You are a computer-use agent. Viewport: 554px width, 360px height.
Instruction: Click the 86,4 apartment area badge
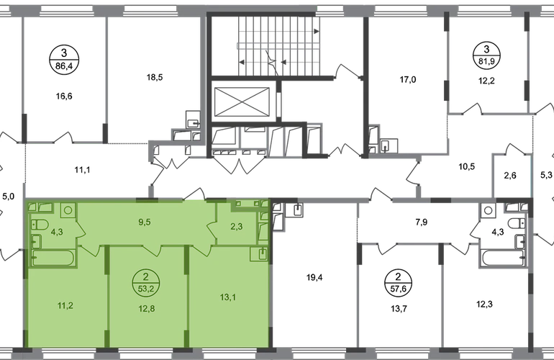[x=64, y=60]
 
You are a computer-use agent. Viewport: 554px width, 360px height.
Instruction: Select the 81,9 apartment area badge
[x=486, y=55]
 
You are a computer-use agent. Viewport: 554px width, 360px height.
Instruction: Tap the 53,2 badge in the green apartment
[x=147, y=282]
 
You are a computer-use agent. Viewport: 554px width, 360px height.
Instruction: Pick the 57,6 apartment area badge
[x=398, y=282]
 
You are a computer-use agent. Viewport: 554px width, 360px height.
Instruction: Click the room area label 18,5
[x=155, y=77]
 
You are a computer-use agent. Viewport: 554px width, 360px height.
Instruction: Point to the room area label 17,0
[x=408, y=80]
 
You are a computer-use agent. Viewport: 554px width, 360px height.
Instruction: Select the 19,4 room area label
[x=314, y=278]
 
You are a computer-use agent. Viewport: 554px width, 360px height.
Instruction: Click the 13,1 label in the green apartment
[x=228, y=297]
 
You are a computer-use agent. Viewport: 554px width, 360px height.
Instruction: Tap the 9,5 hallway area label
[x=145, y=222]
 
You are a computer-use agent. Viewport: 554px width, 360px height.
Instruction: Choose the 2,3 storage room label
[x=237, y=226]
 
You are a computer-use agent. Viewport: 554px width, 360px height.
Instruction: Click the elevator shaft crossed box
[x=242, y=102]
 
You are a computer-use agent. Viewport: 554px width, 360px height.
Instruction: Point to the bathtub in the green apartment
[x=53, y=258]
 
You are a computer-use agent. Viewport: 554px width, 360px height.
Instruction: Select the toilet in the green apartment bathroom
[x=40, y=224]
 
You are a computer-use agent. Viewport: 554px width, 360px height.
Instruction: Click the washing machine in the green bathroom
[x=68, y=210]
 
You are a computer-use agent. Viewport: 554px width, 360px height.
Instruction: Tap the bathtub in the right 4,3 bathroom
[x=502, y=258]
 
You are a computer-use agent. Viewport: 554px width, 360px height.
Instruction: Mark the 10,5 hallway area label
[x=466, y=166]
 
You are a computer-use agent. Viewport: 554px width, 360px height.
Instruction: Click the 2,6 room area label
[x=510, y=175]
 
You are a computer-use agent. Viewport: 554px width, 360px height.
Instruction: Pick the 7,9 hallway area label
[x=422, y=222]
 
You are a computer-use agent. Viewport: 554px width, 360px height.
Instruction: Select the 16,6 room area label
[x=64, y=96]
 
